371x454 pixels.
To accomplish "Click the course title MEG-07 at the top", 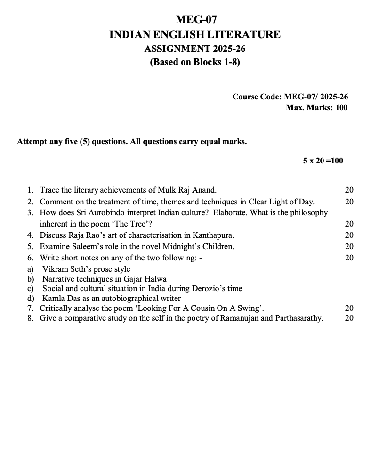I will (195, 20).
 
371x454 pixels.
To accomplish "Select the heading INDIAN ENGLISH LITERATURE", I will (195, 34).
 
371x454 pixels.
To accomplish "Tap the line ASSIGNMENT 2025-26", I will (195, 49).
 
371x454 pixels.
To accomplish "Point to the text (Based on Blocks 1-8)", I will (195, 62).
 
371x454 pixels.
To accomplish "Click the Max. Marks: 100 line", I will (316, 107).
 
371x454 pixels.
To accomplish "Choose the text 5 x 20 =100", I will (323, 161).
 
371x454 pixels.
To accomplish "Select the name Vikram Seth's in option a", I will (65, 269).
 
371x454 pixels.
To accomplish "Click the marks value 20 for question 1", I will (349, 190).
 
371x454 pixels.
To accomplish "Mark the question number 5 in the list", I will (30, 246).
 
